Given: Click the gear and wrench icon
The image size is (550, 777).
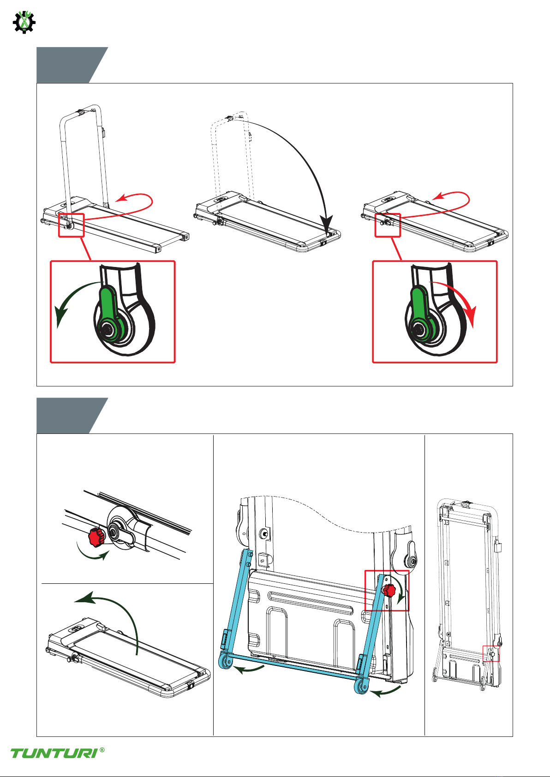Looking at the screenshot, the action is tap(24, 22).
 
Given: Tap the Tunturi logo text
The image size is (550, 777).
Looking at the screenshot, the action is tap(54, 753).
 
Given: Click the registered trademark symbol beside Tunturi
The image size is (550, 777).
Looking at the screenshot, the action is tap(102, 750).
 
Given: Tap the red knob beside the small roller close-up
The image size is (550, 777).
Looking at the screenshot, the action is tap(96, 537).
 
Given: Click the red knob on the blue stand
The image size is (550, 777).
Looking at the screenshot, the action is tap(389, 590).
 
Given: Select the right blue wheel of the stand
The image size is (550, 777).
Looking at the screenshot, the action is tap(361, 686).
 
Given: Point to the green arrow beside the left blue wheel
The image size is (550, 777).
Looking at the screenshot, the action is tap(249, 669).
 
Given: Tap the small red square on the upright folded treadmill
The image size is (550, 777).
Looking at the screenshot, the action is tap(491, 653).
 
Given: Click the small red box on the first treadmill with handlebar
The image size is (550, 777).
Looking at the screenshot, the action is tap(72, 225).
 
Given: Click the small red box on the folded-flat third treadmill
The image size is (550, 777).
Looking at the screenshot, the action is tap(388, 225).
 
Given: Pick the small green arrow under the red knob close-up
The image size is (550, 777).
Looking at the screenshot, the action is tap(92, 553).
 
